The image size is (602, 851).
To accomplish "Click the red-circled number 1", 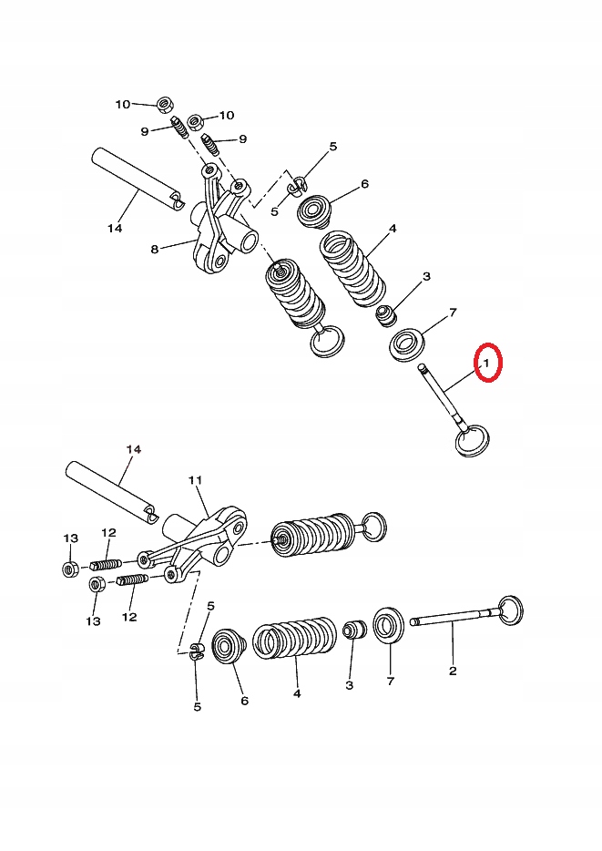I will click(486, 364).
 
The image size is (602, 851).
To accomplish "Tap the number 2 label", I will click(453, 671).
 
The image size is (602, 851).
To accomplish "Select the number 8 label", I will click(155, 249).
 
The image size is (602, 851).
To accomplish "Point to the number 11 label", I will click(194, 479).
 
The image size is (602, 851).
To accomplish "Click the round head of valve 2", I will click(511, 610).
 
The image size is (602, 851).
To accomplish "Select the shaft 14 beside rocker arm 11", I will click(110, 493).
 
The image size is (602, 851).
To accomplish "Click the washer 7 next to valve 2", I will click(390, 627).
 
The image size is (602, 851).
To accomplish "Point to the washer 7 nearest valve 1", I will click(409, 344).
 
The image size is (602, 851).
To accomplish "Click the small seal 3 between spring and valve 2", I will click(353, 631).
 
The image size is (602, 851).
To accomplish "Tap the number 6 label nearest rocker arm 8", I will click(364, 184).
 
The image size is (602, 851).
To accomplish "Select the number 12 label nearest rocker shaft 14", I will click(108, 533).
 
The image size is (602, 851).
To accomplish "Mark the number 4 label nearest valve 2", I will click(297, 692).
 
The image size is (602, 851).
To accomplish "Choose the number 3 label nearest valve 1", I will click(426, 276).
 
